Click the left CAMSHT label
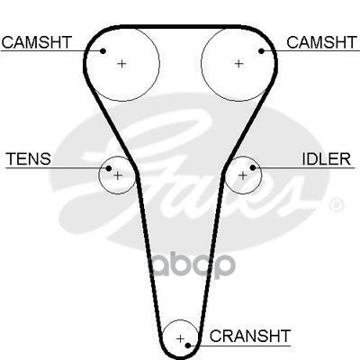37,42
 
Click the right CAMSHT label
321,42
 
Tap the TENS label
29,158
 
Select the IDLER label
326,158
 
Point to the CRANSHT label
250,336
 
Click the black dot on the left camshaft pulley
103,51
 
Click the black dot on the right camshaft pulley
261,51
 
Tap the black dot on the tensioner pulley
109,168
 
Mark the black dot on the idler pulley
253,167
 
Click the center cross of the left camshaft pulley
121,64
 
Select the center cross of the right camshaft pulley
238,64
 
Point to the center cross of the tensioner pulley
118,175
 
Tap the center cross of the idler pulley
242,175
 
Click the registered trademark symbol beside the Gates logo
336,205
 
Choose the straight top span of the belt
180,27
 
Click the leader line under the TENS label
56,167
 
